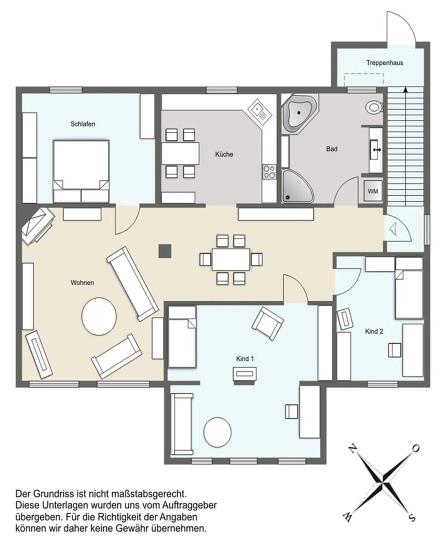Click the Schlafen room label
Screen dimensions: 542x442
coord(83,124)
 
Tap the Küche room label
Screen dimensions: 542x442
coord(224,154)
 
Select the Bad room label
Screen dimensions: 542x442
coord(331,149)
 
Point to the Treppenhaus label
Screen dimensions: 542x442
coord(384,63)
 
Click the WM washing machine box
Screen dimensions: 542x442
coord(372,191)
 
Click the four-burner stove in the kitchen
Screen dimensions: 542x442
coord(269,172)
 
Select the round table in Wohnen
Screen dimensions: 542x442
coord(99,317)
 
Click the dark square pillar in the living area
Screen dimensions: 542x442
coord(165,251)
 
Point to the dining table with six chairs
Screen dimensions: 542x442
coord(231,259)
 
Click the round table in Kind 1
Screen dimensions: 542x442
coord(217,432)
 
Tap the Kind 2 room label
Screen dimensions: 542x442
coord(374,331)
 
